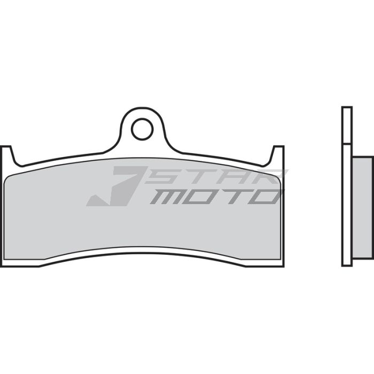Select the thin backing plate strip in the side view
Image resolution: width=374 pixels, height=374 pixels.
pos(347,187)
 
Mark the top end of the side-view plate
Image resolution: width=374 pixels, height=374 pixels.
pos(347,108)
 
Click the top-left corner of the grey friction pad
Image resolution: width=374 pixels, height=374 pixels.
pos(7,176)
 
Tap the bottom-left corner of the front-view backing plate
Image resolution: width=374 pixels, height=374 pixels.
pos(2,266)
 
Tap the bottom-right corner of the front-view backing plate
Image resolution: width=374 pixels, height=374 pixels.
pos(283,266)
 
